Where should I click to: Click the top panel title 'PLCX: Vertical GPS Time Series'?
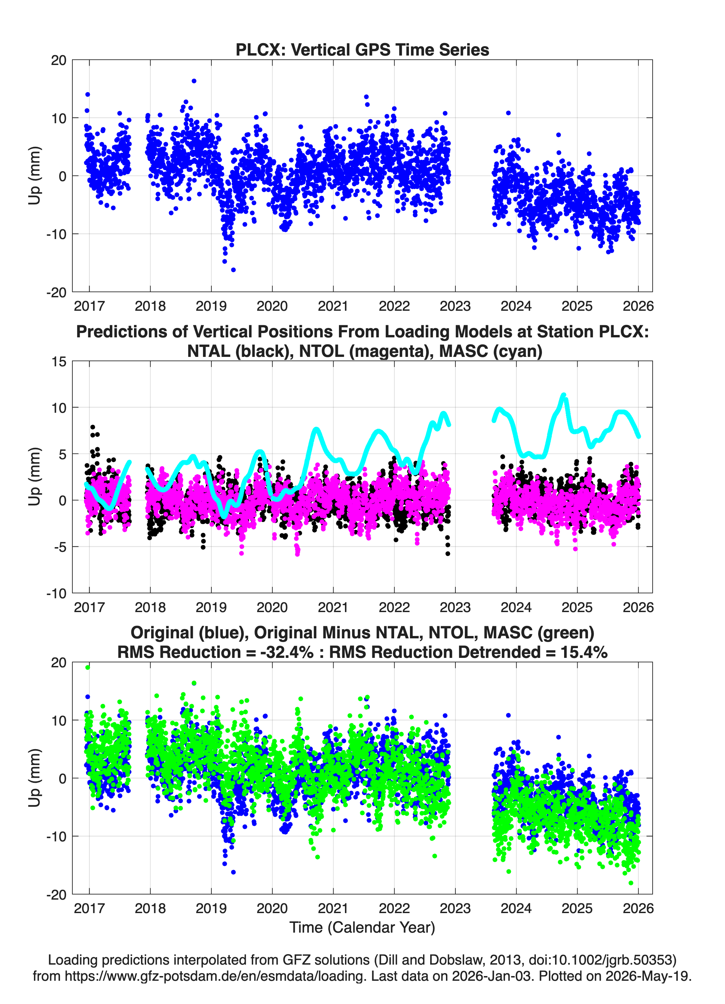pyautogui.click(x=362, y=49)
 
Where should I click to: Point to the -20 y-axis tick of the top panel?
pyautogui.click(x=56, y=292)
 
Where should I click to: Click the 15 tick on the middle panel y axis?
pyautogui.click(x=59, y=361)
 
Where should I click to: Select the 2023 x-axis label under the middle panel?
pyautogui.click(x=455, y=607)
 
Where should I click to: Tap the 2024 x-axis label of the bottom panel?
pyautogui.click(x=516, y=908)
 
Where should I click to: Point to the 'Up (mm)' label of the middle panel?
pyautogui.click(x=35, y=477)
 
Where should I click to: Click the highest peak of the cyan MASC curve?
pyautogui.click(x=563, y=395)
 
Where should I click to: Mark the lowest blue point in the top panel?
pyautogui.click(x=233, y=270)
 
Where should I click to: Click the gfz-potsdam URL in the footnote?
pyautogui.click(x=215, y=976)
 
